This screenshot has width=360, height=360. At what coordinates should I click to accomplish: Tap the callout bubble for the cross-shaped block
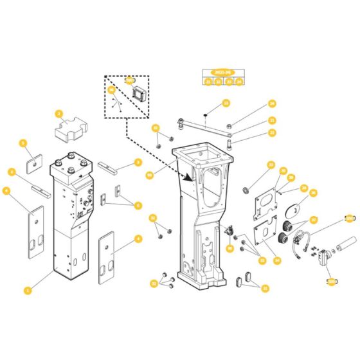tap(59, 114)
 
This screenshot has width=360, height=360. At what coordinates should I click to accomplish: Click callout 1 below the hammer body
tap(26, 291)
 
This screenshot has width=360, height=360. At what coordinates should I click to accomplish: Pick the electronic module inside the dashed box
tap(138, 92)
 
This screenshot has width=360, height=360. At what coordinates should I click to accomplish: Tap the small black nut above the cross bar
tap(204, 114)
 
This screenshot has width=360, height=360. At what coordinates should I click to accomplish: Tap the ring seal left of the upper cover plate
tap(245, 190)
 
